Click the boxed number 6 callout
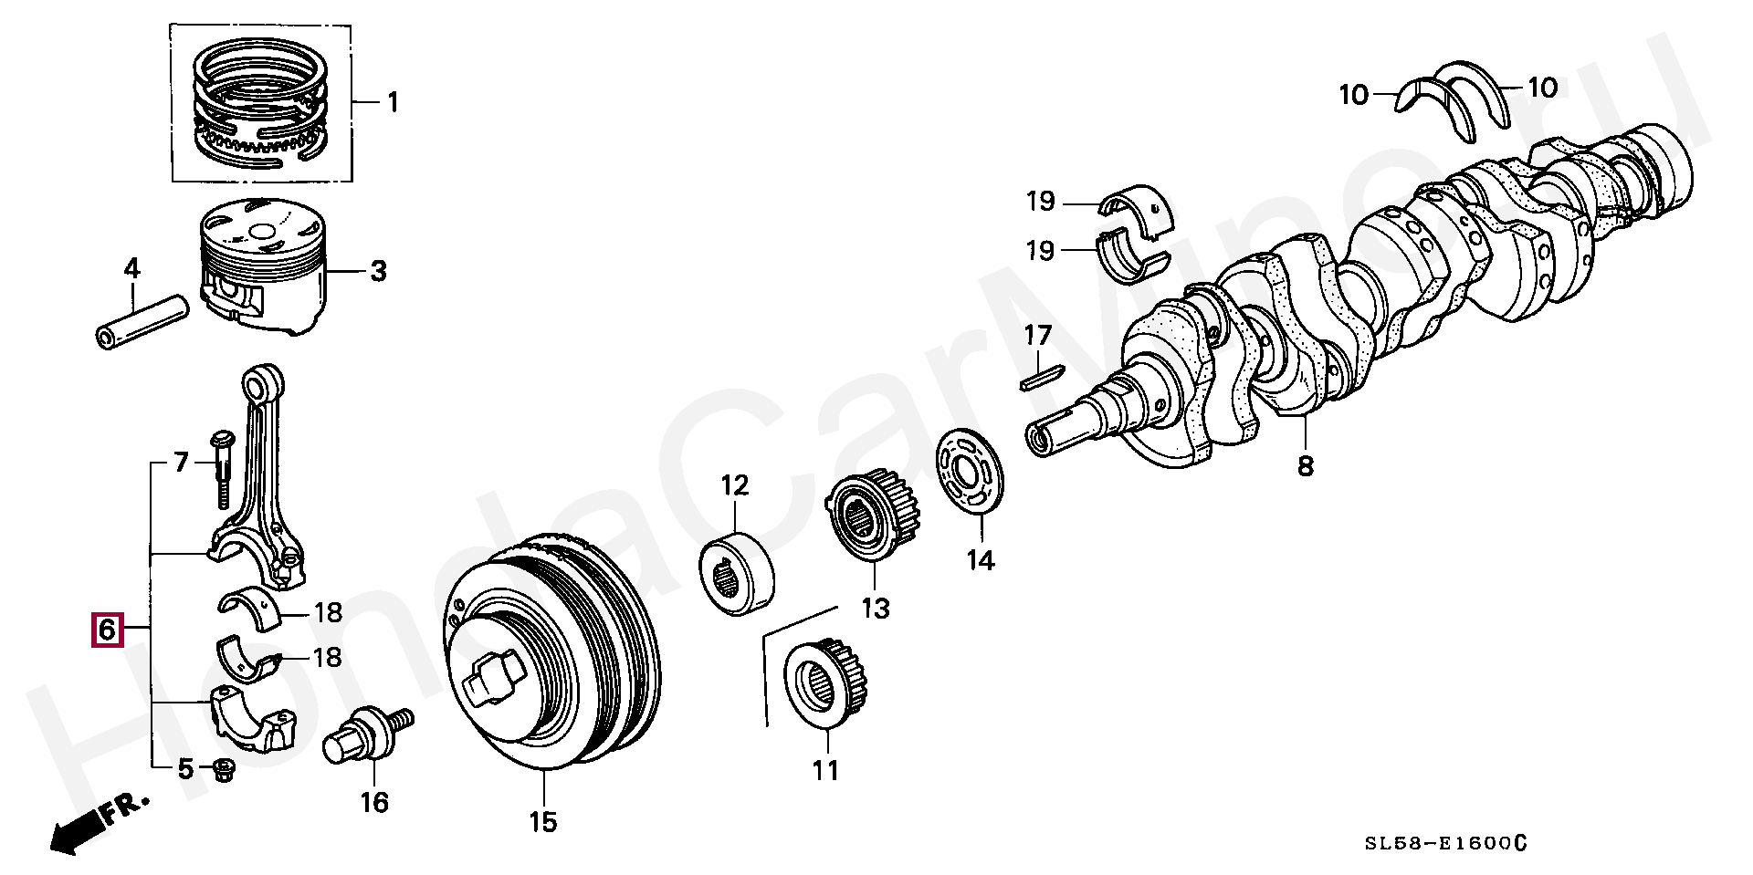pos(105,630)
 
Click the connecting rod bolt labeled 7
pos(222,470)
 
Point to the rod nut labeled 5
pos(222,771)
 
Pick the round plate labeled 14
pos(971,475)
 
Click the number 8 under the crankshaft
pos(1306,466)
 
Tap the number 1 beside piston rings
pos(392,101)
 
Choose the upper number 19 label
pos(1040,202)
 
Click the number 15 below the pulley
pos(542,822)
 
